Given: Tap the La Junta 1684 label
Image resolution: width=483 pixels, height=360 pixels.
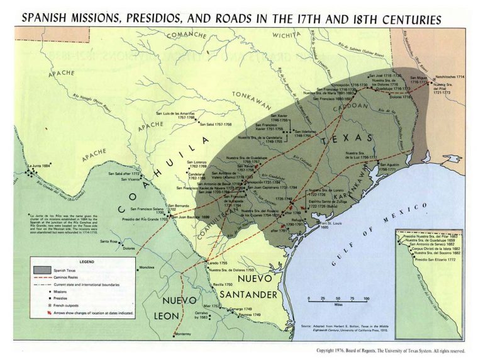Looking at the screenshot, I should [x=38, y=166].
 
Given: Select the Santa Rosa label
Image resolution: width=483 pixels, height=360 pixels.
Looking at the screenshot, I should [x=110, y=241].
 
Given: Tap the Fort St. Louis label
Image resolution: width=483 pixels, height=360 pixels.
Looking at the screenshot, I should [x=333, y=225].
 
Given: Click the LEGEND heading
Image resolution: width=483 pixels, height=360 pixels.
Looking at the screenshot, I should [x=86, y=261].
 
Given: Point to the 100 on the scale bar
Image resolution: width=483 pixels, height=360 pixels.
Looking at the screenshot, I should [x=366, y=298].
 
